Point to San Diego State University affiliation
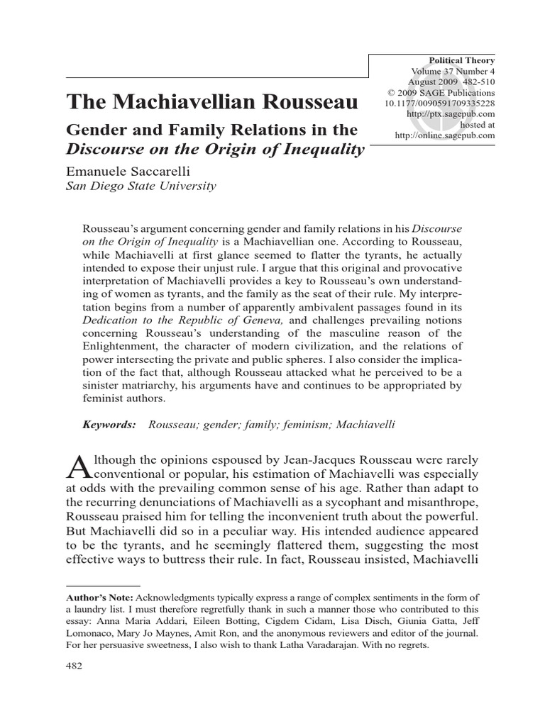141,186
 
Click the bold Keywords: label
109,424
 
